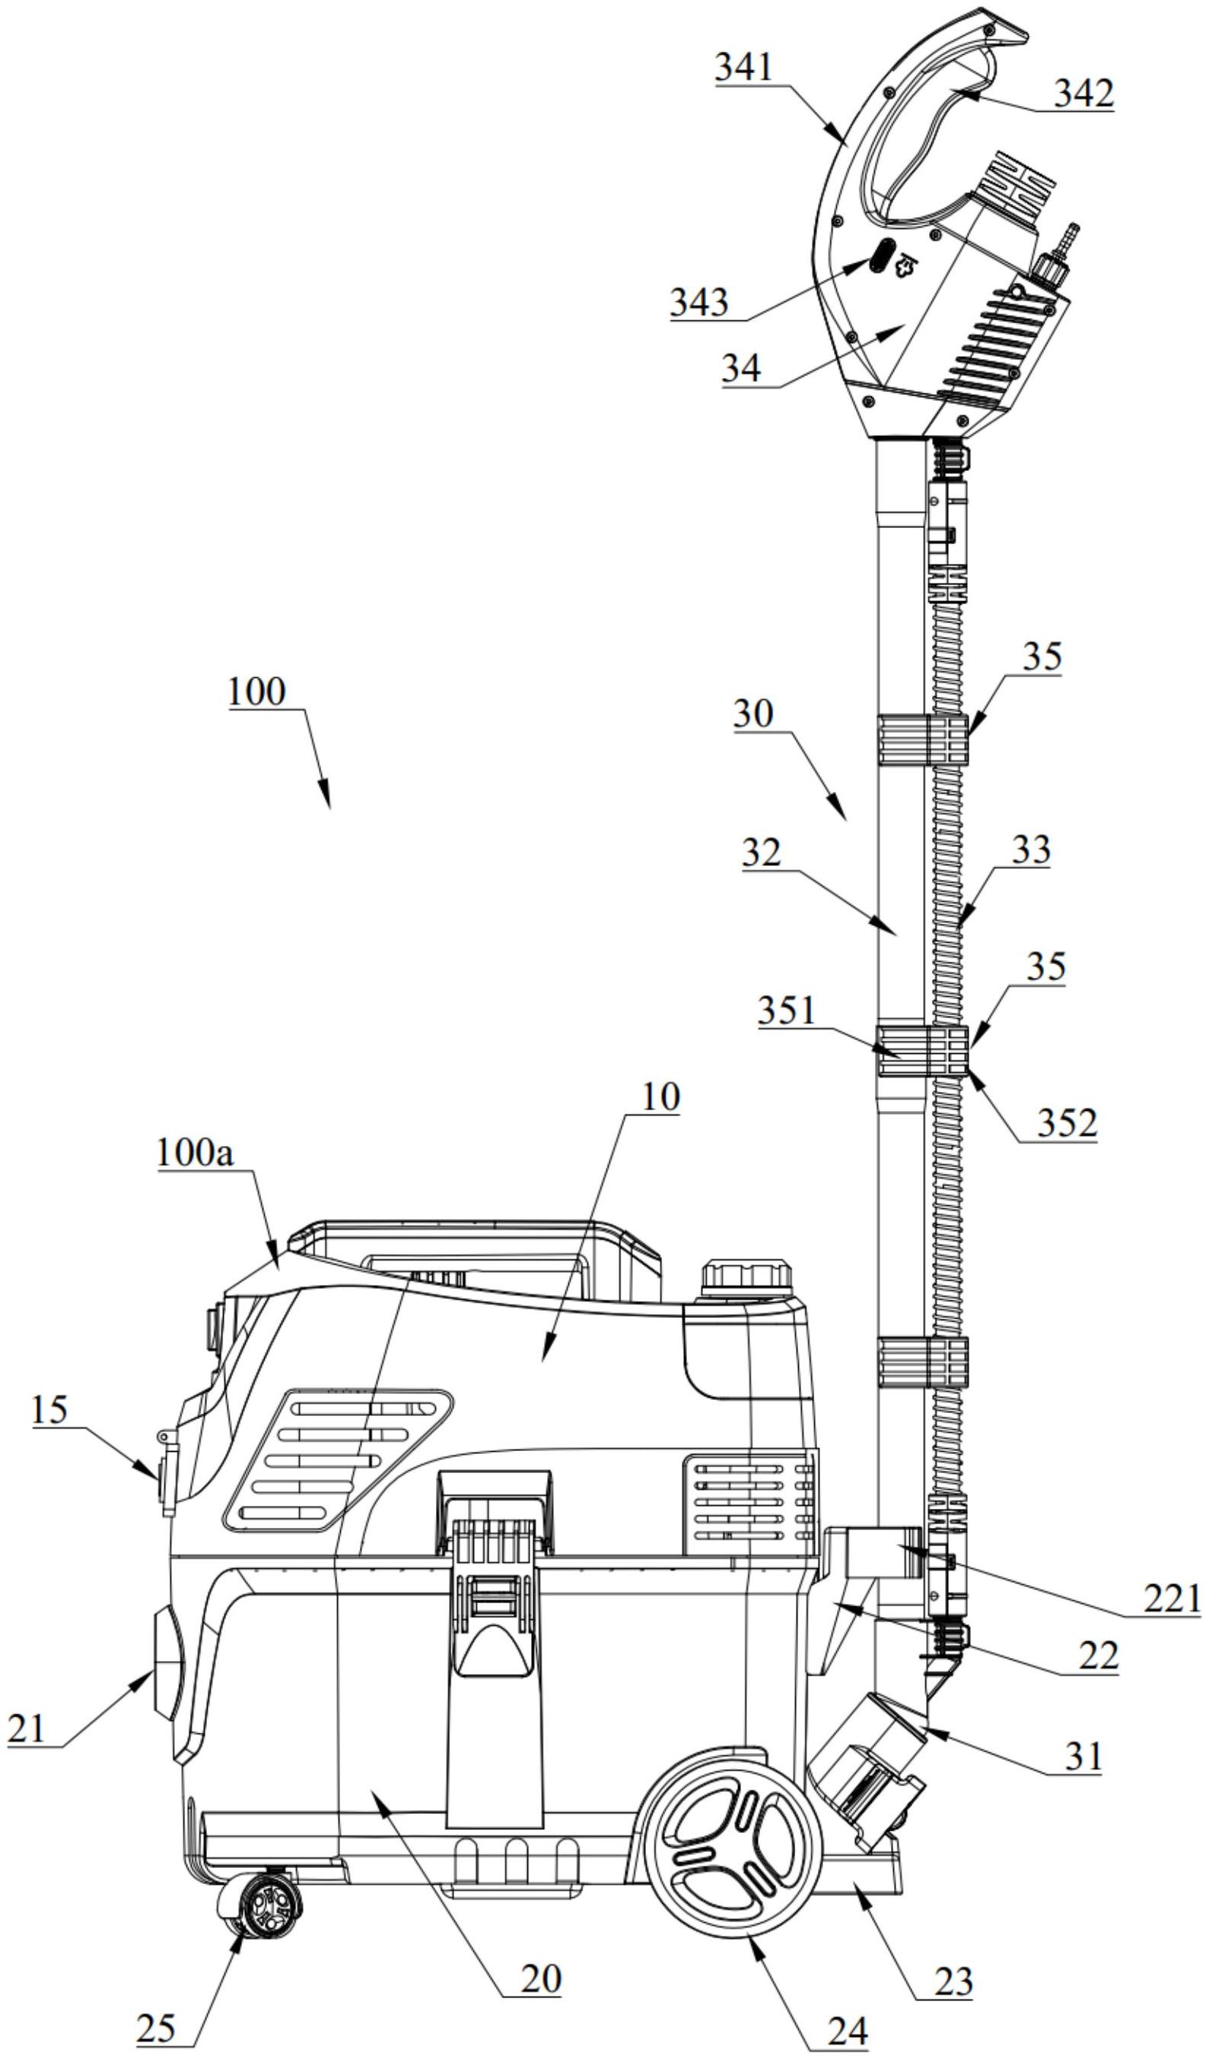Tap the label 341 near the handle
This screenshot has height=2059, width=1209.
[x=743, y=68]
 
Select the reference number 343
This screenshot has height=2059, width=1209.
[x=699, y=302]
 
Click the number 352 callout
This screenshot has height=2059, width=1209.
[x=1067, y=1123]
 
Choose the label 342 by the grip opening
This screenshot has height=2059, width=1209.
[x=1083, y=94]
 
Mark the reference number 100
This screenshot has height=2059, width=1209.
[x=256, y=692]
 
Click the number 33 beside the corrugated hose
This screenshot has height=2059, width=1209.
[x=1032, y=851]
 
